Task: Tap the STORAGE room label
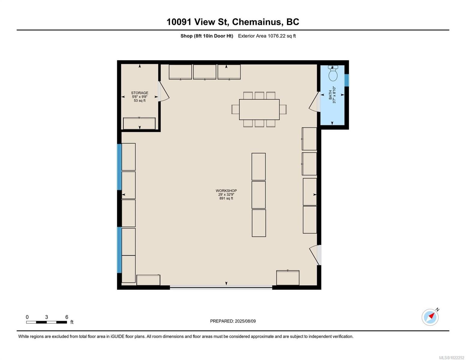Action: pyautogui.click(x=140, y=93)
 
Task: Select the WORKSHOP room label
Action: pyautogui.click(x=226, y=191)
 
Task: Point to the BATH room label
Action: pyautogui.click(x=330, y=95)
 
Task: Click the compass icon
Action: pyautogui.click(x=430, y=317)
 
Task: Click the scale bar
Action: pyautogui.click(x=47, y=322)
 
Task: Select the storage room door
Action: pyautogui.click(x=164, y=92)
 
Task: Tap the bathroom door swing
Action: pyautogui.click(x=314, y=102)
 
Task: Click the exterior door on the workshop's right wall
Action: pyautogui.click(x=315, y=255)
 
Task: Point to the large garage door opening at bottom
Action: pyautogui.click(x=221, y=287)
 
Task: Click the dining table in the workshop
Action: pyautogui.click(x=259, y=109)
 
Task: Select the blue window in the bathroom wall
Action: pyautogui.click(x=347, y=80)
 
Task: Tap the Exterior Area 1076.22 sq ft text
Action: pyautogui.click(x=267, y=36)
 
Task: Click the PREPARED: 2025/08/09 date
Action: pyautogui.click(x=233, y=321)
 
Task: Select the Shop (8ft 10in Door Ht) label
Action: pyautogui.click(x=206, y=36)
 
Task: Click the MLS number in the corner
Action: pyautogui.click(x=452, y=357)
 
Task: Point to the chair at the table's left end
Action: pyautogui.click(x=235, y=109)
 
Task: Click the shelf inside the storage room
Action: pyautogui.click(x=139, y=123)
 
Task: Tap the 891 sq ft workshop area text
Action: pyautogui.click(x=226, y=199)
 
